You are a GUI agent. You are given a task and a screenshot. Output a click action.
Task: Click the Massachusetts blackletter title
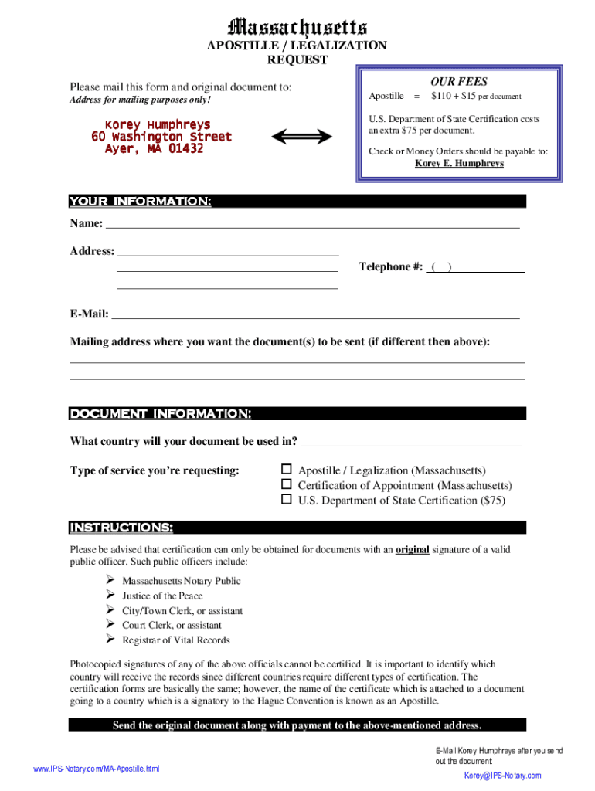point(297,29)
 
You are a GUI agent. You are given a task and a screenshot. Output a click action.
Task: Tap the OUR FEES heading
point(459,81)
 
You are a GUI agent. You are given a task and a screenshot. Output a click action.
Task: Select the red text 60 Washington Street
point(161,137)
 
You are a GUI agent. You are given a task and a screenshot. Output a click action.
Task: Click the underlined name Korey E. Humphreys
point(459,164)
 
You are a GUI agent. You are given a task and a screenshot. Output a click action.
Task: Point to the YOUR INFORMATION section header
point(141,202)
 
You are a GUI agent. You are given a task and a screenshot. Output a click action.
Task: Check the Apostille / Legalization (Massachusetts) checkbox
point(286,470)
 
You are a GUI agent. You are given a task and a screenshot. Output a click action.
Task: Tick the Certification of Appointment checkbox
point(286,484)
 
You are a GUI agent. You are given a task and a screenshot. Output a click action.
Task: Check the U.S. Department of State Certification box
point(286,500)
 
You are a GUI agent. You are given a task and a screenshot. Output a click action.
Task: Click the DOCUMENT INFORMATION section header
point(160,414)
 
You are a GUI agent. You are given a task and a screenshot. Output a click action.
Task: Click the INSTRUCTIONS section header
point(121,528)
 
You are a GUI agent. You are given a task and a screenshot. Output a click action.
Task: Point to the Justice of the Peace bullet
point(162,596)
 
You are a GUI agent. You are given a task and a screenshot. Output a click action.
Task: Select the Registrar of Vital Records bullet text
point(175,640)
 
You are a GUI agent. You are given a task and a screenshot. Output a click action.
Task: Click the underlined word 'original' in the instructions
point(412,550)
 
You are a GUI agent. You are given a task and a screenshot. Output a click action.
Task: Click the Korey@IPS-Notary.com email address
point(502,776)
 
